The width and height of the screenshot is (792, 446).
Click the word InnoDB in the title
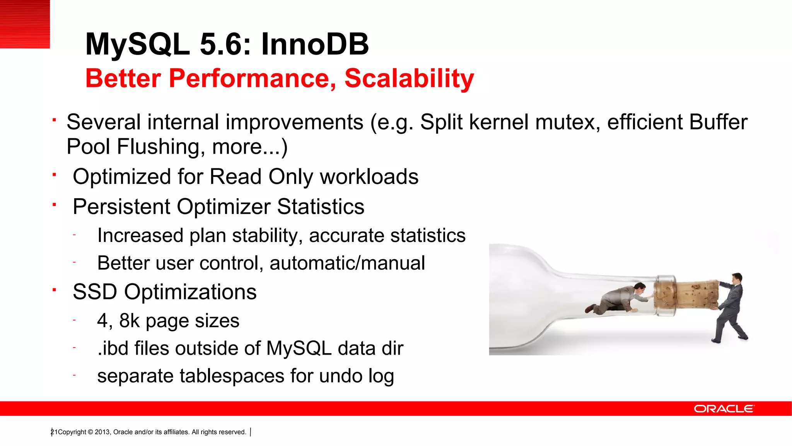[315, 44]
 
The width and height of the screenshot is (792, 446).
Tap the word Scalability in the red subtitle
[409, 79]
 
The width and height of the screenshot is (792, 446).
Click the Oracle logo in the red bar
[724, 409]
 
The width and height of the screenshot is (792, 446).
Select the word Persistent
[121, 207]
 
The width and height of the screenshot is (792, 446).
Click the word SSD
[95, 292]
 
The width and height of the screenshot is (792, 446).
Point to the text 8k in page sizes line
[129, 321]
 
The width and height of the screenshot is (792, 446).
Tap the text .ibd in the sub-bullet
[113, 348]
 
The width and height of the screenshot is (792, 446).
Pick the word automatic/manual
[347, 263]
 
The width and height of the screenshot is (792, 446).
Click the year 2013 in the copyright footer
[102, 432]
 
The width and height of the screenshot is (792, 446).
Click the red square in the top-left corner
[25, 24]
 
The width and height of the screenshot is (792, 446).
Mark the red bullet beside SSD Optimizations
[55, 290]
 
